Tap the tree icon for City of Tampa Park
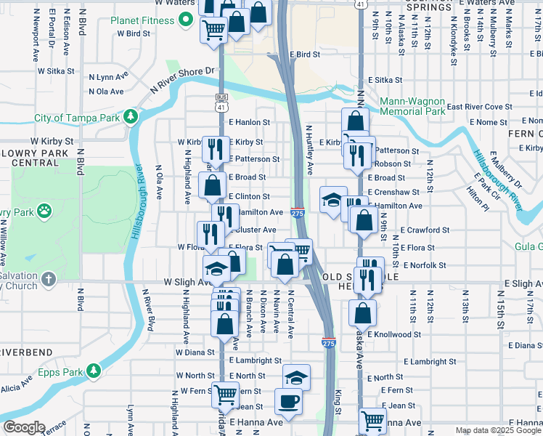(131, 116)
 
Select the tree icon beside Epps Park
(93, 371)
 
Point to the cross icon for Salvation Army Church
(48, 279)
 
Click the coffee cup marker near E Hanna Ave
(288, 401)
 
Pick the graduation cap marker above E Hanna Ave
(296, 377)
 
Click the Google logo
(23, 427)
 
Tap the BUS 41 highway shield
(221, 102)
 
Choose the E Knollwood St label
(394, 335)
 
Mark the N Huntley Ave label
(309, 149)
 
